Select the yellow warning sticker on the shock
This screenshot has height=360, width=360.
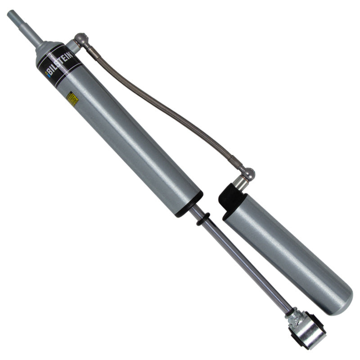72,99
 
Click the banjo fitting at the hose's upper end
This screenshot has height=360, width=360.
81,40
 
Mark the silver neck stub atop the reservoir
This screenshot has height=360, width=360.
241,182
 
